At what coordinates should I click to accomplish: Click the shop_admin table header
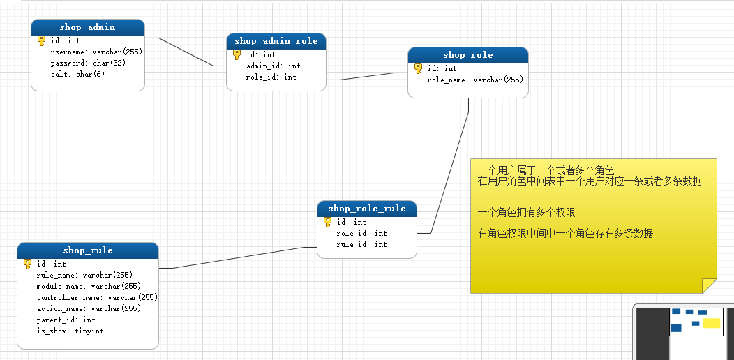(x=88, y=27)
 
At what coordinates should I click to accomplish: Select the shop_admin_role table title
(x=276, y=41)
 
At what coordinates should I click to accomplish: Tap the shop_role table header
(x=467, y=55)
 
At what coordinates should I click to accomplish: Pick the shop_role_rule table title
(x=367, y=209)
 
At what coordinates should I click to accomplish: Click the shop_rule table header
(x=88, y=250)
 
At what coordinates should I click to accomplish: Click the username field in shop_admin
(x=96, y=52)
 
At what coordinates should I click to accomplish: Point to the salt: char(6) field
(x=77, y=74)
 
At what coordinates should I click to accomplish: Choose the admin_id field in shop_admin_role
(x=274, y=66)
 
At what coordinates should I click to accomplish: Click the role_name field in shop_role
(x=475, y=80)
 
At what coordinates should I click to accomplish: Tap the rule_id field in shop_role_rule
(x=361, y=244)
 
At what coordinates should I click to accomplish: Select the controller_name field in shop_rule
(x=97, y=297)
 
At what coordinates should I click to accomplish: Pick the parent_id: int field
(x=66, y=320)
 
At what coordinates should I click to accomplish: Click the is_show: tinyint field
(x=70, y=331)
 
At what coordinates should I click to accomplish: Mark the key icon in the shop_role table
(x=419, y=68)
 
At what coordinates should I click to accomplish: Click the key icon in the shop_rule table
(x=28, y=264)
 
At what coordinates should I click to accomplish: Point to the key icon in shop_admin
(x=42, y=40)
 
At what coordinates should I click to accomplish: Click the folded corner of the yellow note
(x=709, y=285)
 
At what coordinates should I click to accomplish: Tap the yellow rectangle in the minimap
(x=711, y=323)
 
